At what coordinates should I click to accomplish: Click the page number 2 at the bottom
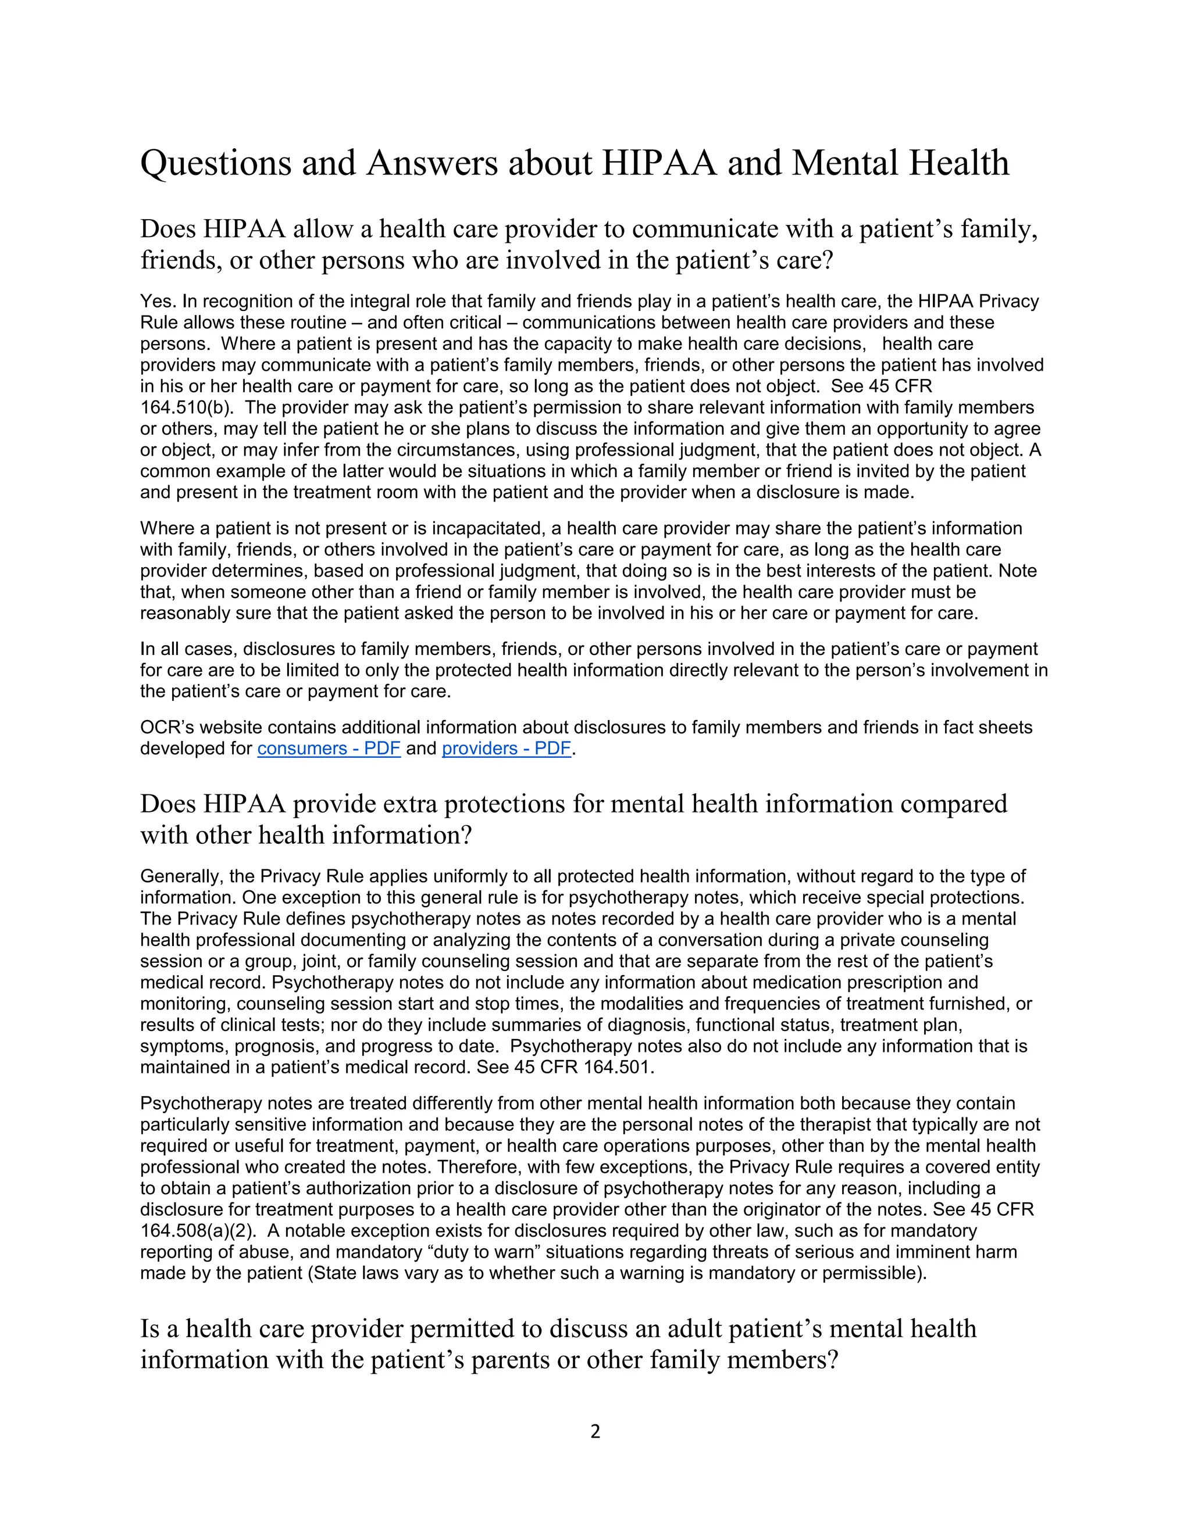click(595, 1431)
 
